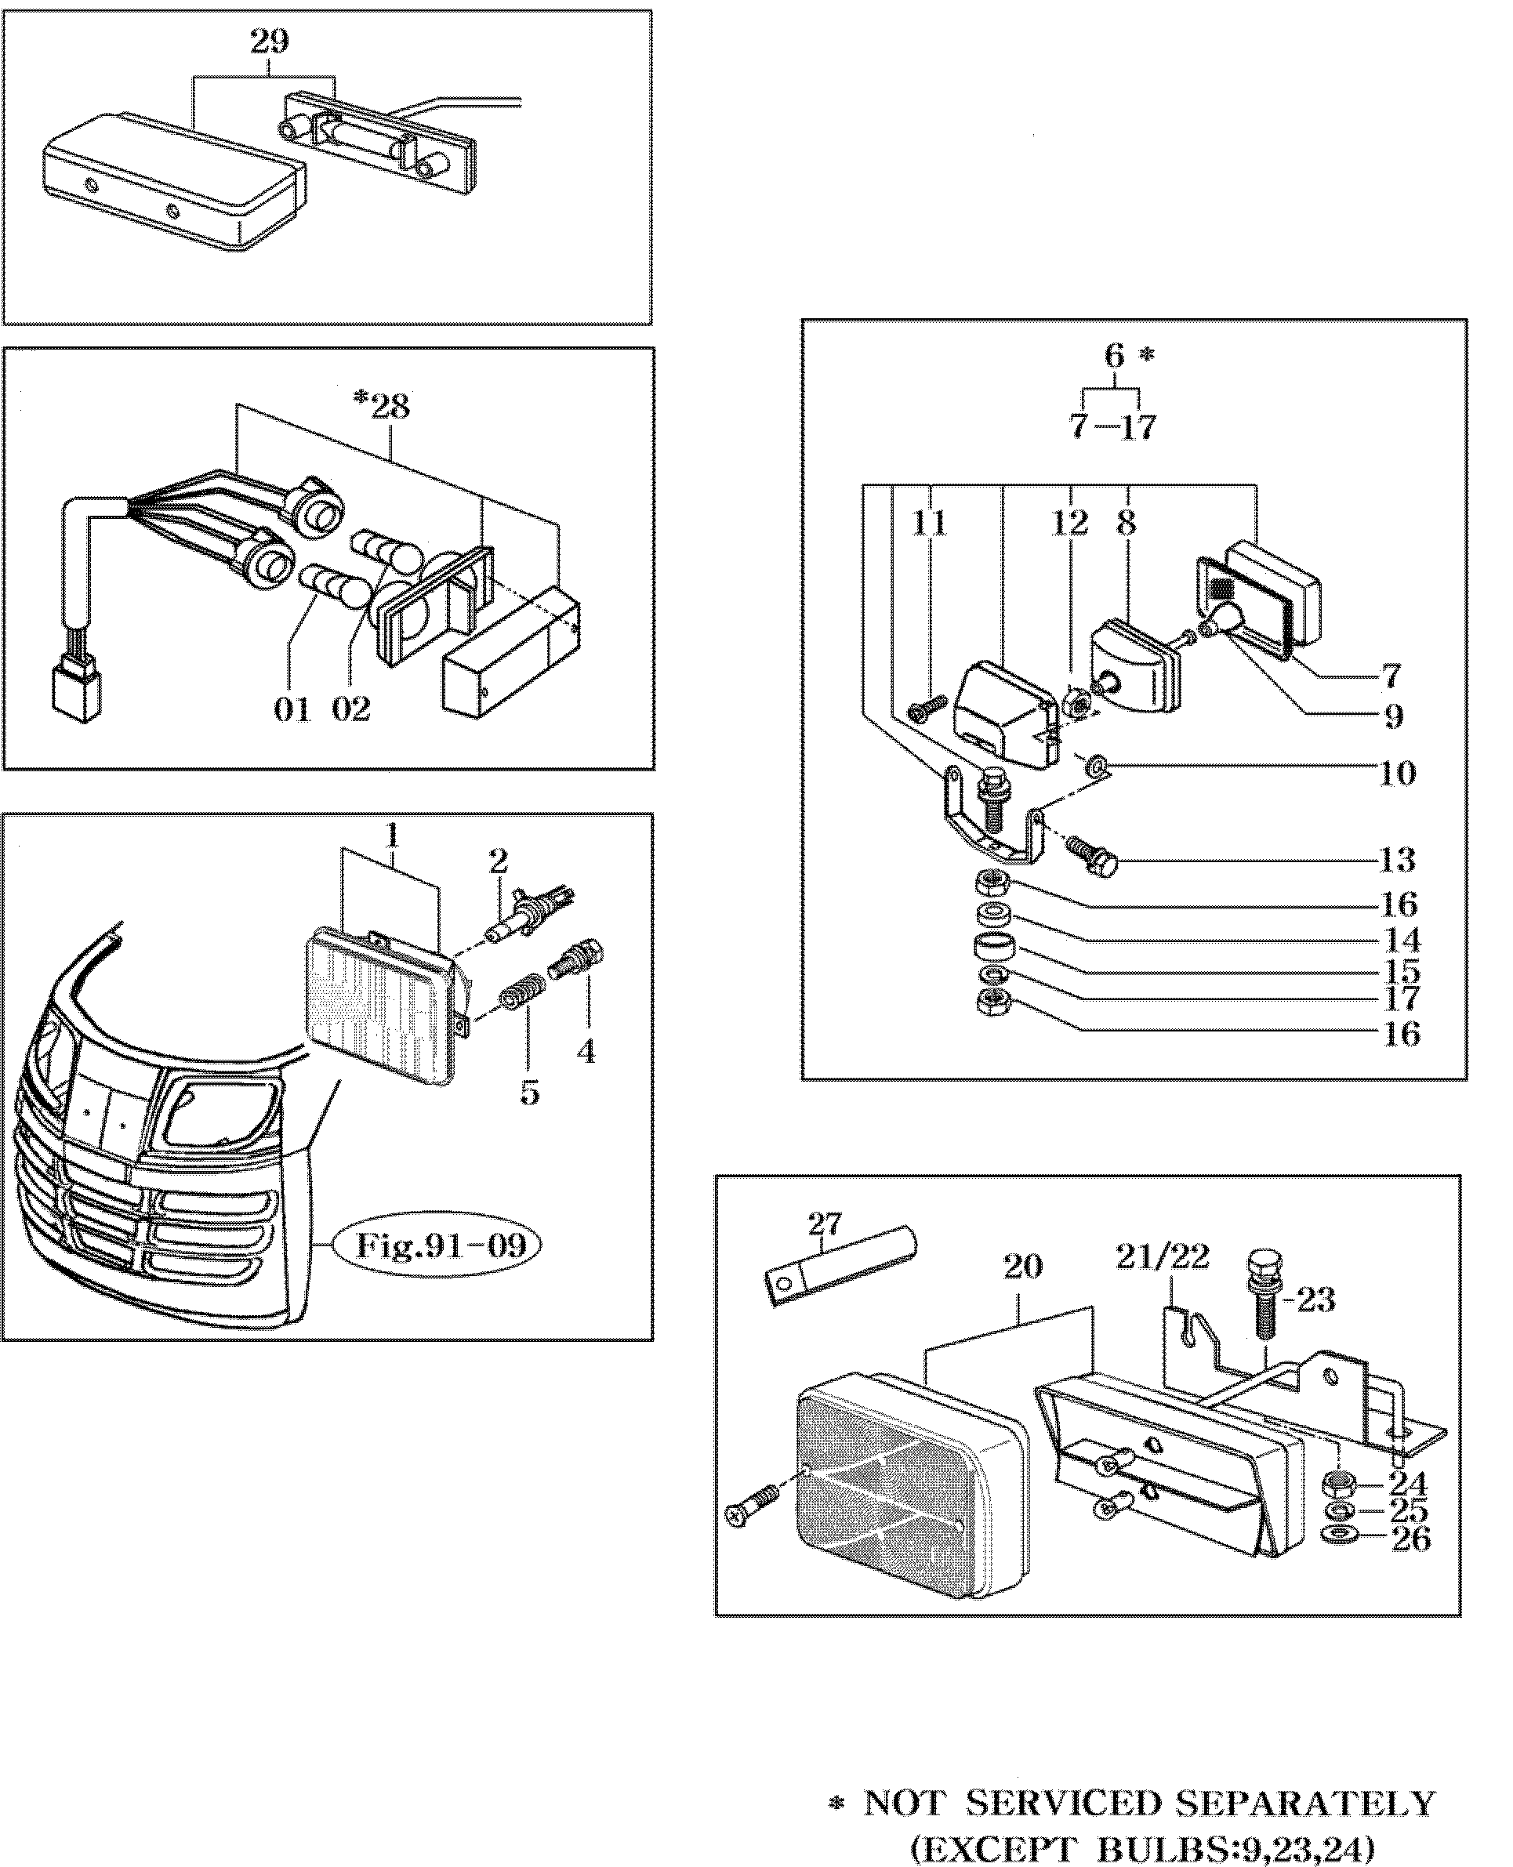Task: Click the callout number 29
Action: pyautogui.click(x=270, y=40)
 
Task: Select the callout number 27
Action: pyautogui.click(x=824, y=1224)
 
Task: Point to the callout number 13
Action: pyautogui.click(x=1397, y=860)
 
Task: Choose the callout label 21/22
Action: pyautogui.click(x=1163, y=1256)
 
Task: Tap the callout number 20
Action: pyautogui.click(x=1022, y=1267)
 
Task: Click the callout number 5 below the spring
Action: pyautogui.click(x=530, y=1093)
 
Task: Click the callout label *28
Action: pyautogui.click(x=382, y=405)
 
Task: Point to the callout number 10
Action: pyautogui.click(x=1397, y=773)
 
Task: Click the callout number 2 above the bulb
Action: pyautogui.click(x=498, y=862)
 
